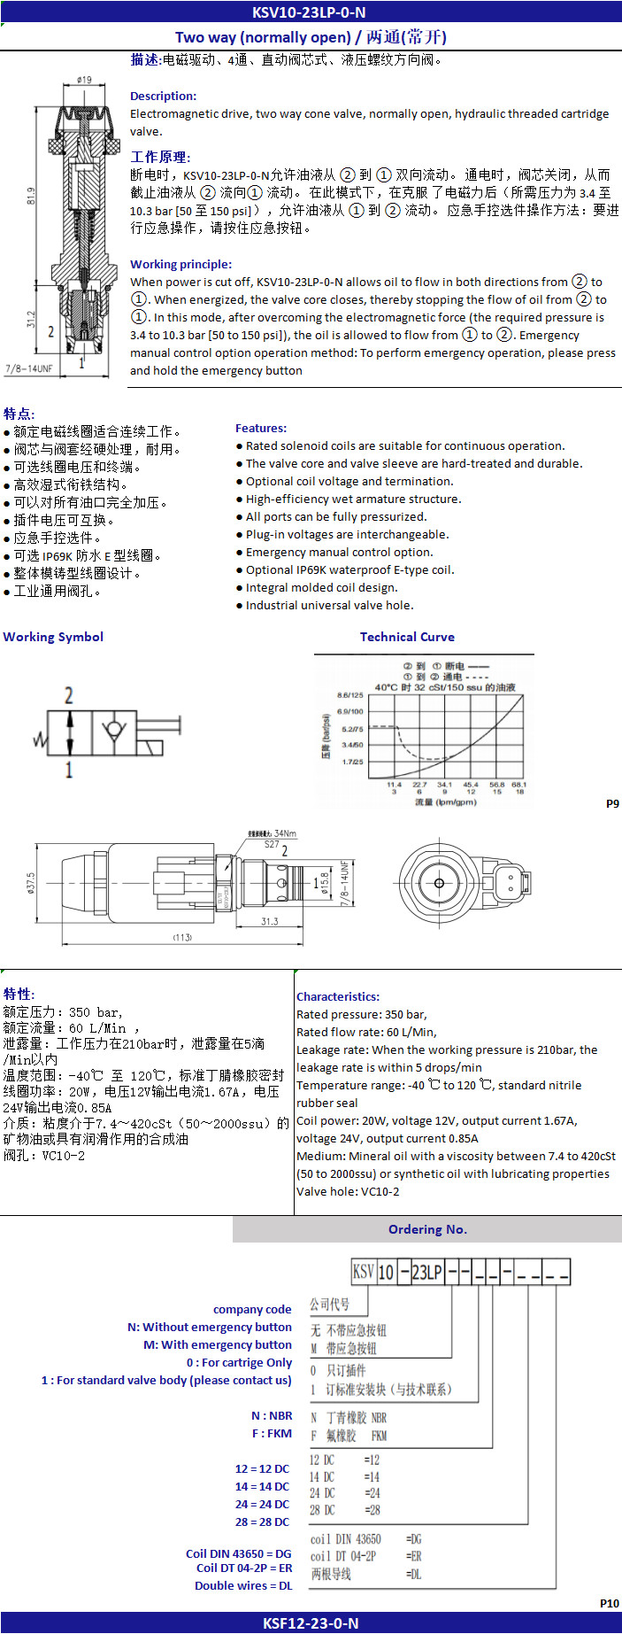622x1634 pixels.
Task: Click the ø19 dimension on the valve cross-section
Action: pos(85,80)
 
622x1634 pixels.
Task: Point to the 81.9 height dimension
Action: pos(31,196)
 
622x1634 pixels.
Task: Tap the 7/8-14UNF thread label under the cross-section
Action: pos(29,368)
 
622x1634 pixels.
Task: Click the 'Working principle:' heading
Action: pos(180,264)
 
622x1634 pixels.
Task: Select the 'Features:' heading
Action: pos(261,428)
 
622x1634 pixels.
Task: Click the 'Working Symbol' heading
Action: pos(53,637)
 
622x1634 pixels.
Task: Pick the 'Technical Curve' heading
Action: pos(407,637)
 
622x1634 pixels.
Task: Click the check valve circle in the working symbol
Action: pos(112,732)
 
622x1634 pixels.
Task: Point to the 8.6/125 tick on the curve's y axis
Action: pos(350,695)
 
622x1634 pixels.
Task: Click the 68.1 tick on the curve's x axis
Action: pos(518,784)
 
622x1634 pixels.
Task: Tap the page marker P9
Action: pos(612,803)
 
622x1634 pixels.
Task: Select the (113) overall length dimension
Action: pos(181,937)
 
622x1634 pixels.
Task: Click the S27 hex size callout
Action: pos(272,845)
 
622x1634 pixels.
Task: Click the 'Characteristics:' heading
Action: pos(338,996)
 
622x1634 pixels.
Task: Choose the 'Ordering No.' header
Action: pos(427,1229)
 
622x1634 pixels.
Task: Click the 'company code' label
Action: pos(252,1309)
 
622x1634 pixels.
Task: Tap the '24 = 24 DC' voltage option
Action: pos(262,1504)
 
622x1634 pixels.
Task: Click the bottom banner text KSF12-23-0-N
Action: pos(311,1623)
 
